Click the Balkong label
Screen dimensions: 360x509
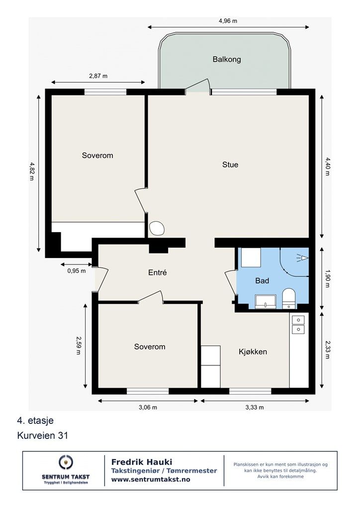coord(227,60)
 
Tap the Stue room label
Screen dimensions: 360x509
coord(230,165)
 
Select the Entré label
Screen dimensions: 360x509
coord(158,272)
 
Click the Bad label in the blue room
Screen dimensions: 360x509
coord(262,280)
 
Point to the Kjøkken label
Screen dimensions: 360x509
coord(253,351)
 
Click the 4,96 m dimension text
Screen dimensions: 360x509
coord(228,21)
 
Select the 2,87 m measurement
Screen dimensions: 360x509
coord(98,76)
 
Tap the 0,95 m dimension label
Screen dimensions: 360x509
coord(77,271)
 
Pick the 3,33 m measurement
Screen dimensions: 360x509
coord(255,407)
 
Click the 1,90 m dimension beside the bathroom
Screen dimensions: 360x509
coord(327,278)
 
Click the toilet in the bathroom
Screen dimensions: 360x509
coord(288,298)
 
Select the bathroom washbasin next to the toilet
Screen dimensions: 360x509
coord(266,302)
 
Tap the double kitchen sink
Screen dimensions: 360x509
coord(298,325)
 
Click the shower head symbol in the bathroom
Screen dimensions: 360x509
coord(302,258)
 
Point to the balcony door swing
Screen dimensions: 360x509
coord(197,85)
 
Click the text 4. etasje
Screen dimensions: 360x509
coord(35,421)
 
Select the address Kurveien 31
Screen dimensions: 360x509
coord(43,435)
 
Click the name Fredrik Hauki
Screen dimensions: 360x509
coord(142,462)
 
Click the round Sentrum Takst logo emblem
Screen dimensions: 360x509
coord(66,462)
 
